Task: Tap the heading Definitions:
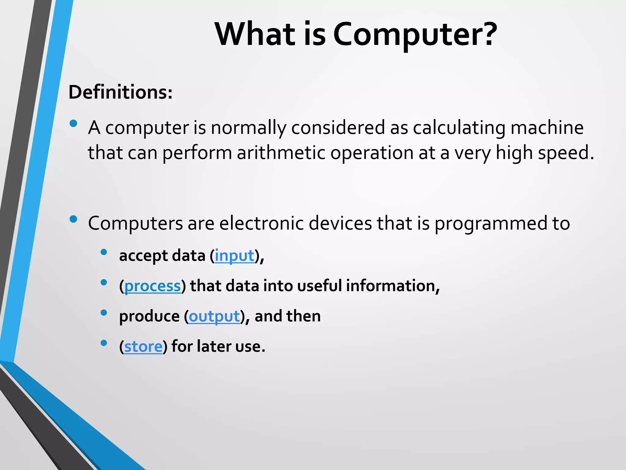pos(120,92)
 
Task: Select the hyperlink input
pos(234,256)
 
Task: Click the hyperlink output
pos(214,316)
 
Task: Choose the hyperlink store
pos(143,347)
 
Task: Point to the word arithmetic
pos(281,153)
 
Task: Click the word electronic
pos(262,223)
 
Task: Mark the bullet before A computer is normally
pos(73,124)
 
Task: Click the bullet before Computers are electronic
pos(73,219)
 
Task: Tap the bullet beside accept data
pos(104,252)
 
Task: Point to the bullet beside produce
pos(104,313)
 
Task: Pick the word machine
pos(547,128)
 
